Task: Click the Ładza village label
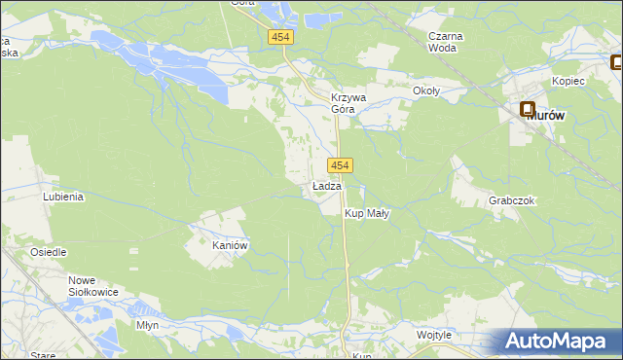click(x=326, y=186)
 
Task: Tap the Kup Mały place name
click(x=367, y=214)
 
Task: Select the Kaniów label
click(x=232, y=246)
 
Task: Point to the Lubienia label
click(x=63, y=196)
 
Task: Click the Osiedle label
click(x=48, y=252)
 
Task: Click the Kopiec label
click(x=568, y=81)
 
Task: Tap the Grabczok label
click(x=512, y=200)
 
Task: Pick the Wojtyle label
click(x=434, y=335)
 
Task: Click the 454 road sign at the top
click(x=280, y=36)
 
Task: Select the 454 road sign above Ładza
click(x=340, y=166)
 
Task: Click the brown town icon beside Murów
click(x=529, y=111)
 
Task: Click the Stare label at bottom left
click(x=43, y=355)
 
